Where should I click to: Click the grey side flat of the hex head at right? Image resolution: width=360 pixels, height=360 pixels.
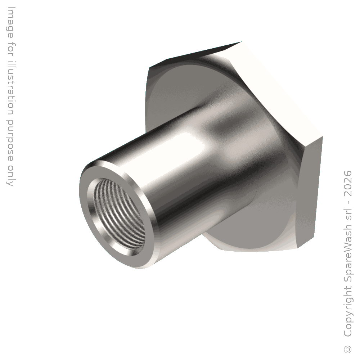coord(310,190)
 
